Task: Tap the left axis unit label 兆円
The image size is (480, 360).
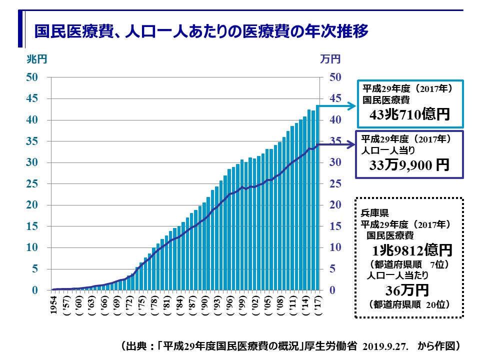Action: pyautogui.click(x=36, y=59)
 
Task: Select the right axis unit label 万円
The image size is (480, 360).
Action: pyautogui.click(x=330, y=59)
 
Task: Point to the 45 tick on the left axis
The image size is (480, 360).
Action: pyautogui.click(x=32, y=98)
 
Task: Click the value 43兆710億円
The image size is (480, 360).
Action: pyautogui.click(x=409, y=115)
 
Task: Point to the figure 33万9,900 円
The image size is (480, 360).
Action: pyautogui.click(x=409, y=165)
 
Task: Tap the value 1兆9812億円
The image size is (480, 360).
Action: pyautogui.click(x=409, y=249)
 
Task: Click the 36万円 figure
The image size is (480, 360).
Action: pyautogui.click(x=407, y=290)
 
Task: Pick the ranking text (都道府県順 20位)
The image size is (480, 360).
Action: pyautogui.click(x=409, y=304)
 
